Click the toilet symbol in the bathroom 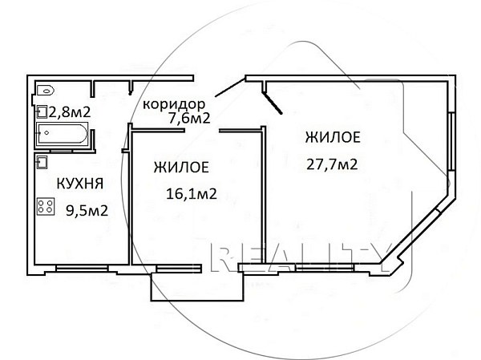(46, 89)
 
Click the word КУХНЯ (79, 184)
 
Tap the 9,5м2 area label (86, 211)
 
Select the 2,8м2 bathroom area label (70, 112)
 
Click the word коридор (174, 104)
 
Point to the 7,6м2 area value (188, 119)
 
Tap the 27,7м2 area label (331, 165)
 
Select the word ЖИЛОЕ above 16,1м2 (182, 168)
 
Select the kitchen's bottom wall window (79, 267)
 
